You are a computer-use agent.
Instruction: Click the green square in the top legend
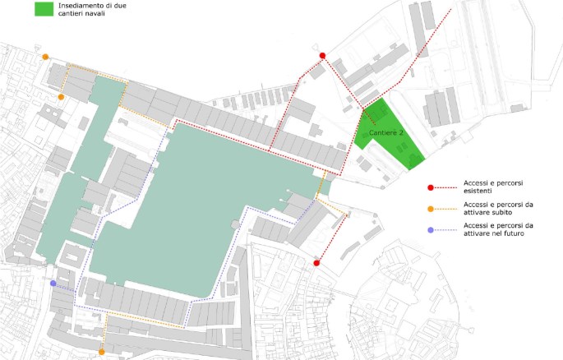(x=44, y=9)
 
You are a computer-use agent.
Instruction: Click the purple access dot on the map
(x=53, y=284)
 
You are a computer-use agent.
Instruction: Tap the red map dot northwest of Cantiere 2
(x=322, y=56)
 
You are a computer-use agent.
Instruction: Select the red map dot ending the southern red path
(x=316, y=263)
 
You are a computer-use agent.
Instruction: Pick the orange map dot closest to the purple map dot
(x=101, y=352)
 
